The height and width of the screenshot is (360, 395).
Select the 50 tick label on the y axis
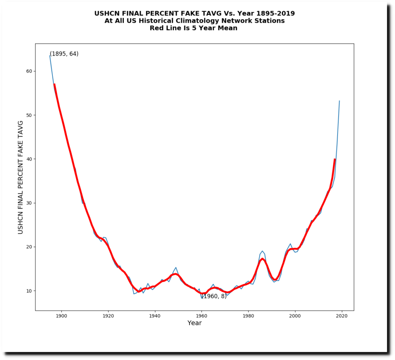29,115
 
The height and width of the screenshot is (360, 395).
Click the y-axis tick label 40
29,159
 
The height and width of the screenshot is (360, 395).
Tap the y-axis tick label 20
29,247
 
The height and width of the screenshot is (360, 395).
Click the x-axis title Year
194,323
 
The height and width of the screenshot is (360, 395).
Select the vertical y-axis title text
21,177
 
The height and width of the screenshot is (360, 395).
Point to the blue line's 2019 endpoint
339,101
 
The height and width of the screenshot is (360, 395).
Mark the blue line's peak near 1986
262,251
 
